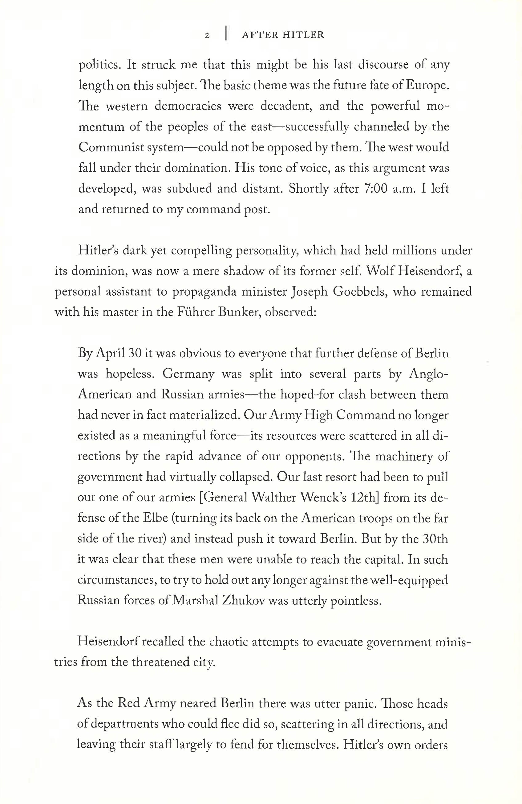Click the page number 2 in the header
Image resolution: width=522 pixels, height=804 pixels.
pos(208,35)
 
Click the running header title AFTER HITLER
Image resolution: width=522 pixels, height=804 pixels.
pos(283,35)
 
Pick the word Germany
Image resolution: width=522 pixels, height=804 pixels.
pos(188,374)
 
